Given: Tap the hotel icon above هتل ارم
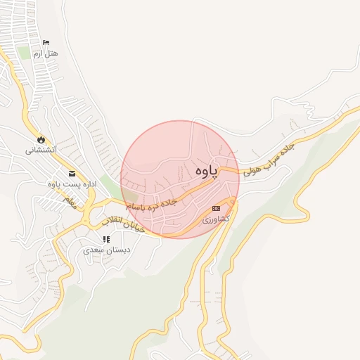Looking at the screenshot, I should click(x=46, y=43).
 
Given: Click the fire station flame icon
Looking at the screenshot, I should click(x=41, y=139).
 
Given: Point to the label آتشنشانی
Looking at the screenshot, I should click(x=41, y=150).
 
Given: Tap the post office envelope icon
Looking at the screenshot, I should click(x=72, y=174).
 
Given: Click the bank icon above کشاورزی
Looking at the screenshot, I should click(x=216, y=208).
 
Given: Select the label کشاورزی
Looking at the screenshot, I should click(x=216, y=219).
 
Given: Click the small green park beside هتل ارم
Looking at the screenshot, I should click(x=25, y=53).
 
